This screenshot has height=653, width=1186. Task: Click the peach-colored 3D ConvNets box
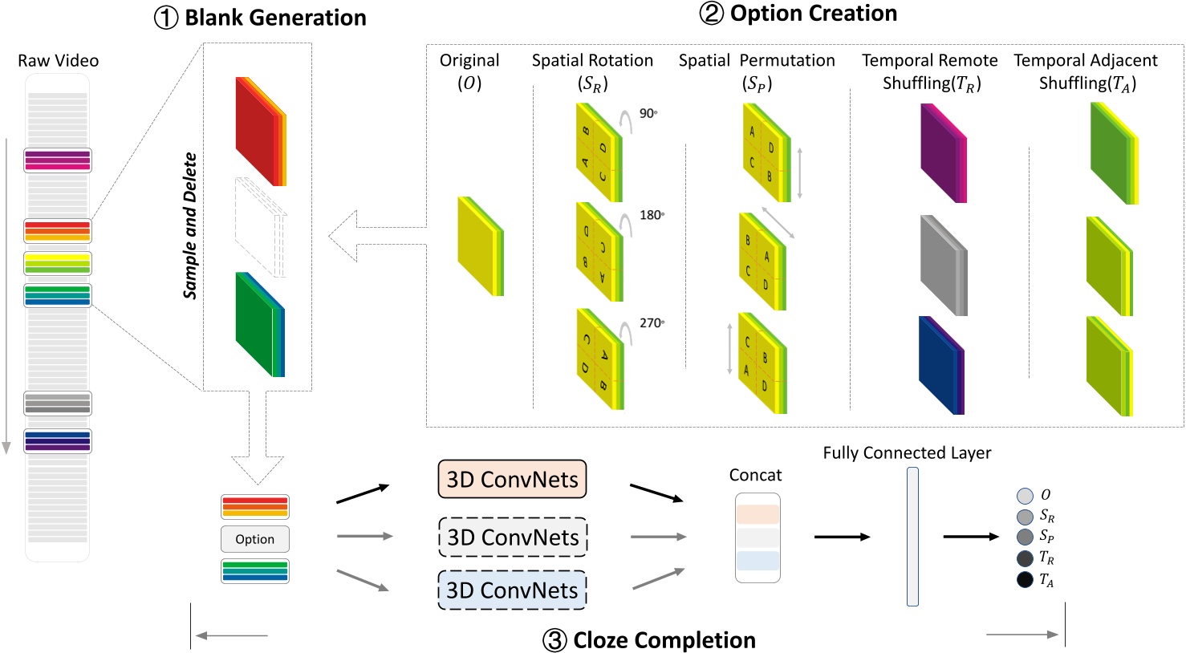512,479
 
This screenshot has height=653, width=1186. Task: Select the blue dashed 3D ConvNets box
512,590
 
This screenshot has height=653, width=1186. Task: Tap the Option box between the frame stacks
254,539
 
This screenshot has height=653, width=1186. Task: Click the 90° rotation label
648,113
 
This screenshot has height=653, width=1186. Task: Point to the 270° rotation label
651,322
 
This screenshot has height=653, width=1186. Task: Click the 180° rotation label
651,215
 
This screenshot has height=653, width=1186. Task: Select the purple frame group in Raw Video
57,160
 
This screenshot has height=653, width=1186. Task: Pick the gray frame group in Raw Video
57,404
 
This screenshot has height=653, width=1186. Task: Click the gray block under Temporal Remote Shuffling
943,265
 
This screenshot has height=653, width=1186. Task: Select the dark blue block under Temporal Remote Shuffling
940,366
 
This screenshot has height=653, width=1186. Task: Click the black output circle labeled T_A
1025,579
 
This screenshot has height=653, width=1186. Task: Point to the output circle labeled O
1025,496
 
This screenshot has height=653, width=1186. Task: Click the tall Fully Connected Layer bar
912,537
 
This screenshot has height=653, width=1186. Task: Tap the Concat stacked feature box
757,537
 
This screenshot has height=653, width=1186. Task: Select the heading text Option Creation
813,14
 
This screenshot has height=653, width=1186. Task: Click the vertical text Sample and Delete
190,225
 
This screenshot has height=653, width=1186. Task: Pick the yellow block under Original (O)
479,246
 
